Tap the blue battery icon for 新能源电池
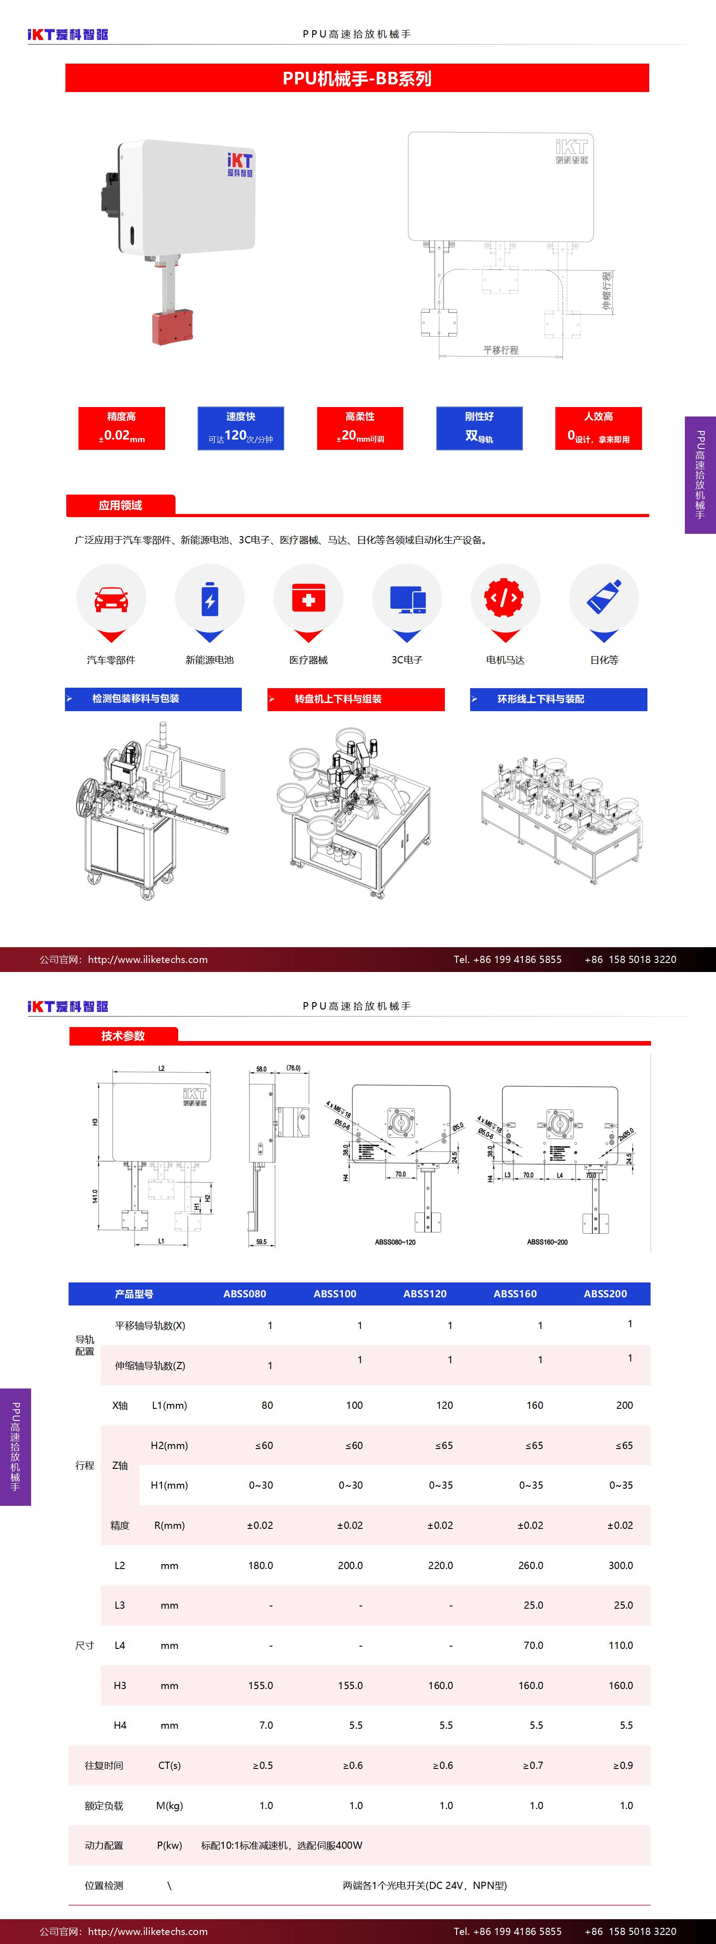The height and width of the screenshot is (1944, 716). pos(210,598)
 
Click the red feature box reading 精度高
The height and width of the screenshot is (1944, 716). pos(121,428)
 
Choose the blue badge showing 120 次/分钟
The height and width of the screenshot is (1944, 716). pos(240,428)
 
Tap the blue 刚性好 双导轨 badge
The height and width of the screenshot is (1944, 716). pos(479,428)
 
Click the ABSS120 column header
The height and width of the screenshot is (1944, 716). pos(425,1293)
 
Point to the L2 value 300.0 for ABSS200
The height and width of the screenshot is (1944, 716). pos(620,1565)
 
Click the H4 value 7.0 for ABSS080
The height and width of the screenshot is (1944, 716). pos(266,1725)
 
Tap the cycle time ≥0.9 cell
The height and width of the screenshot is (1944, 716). pos(623,1765)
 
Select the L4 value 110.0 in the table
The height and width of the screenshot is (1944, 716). pos(620,1645)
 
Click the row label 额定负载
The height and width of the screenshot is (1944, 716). pos(104,1805)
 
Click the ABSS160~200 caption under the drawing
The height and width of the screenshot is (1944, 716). pos(547,1241)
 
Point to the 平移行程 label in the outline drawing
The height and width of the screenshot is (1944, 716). pos(500,350)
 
